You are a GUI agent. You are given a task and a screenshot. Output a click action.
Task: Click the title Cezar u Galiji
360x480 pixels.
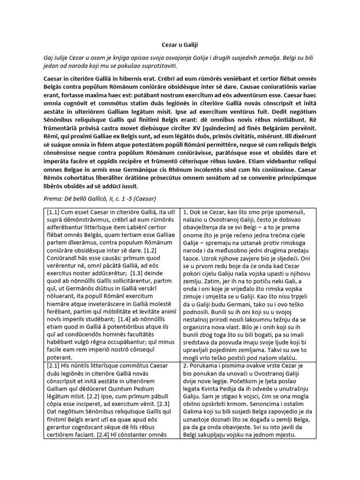coord(180,45)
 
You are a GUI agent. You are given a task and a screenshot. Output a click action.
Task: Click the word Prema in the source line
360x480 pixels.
coord(52,198)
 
